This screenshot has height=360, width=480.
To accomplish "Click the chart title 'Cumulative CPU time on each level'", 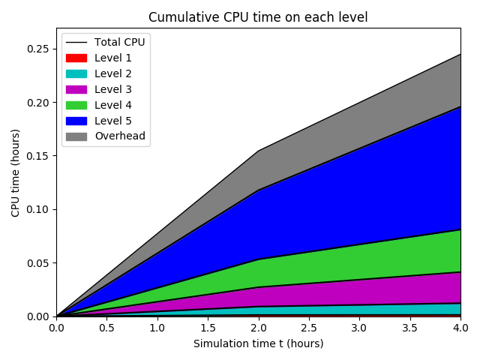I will coord(258,17).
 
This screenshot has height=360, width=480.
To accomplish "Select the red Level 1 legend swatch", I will coord(76,58).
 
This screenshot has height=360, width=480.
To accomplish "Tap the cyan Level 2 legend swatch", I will coord(76,73).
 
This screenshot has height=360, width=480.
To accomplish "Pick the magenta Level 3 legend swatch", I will coord(76,89).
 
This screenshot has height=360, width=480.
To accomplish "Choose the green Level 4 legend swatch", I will coord(76,105).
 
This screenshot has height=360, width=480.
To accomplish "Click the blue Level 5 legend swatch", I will coord(76,121).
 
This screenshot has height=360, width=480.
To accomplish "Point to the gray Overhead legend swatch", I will coord(76,136).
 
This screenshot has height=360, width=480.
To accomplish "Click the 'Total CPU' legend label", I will coord(119,42).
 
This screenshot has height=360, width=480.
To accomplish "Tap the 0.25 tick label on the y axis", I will coord(39,49).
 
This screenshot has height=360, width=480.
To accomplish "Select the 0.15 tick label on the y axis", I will coord(39,156).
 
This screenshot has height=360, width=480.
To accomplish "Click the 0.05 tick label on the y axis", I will coord(39,263).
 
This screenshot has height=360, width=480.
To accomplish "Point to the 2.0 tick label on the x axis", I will coord(258,328).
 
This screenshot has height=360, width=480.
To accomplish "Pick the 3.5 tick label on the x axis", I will coord(409,328).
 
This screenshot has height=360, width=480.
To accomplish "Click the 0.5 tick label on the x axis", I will coord(106,328).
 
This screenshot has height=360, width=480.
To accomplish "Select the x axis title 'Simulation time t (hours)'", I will coord(258,343).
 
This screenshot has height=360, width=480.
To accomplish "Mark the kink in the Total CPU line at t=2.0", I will coord(258,151).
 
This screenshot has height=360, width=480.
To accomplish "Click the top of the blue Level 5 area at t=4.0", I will coord(460,106).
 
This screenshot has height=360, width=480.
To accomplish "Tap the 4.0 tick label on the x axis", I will coord(460,328).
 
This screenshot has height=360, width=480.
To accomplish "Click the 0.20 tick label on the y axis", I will coord(39,103).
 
